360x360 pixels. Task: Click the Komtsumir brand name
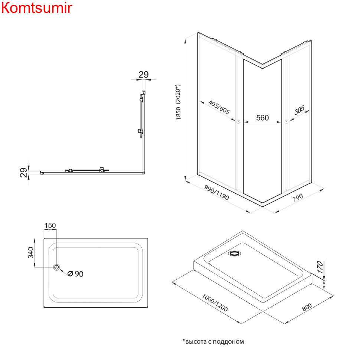[x=36, y=8]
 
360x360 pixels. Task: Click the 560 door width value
[x=262, y=118]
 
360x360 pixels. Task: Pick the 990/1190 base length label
[x=216, y=193]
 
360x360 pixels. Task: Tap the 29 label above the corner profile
[x=144, y=74]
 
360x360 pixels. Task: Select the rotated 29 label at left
[x=23, y=173]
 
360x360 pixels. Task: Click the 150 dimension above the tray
[x=50, y=225]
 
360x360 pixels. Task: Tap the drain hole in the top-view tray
[x=57, y=267]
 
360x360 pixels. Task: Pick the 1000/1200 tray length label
[x=215, y=303]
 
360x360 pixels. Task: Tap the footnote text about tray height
[x=213, y=341]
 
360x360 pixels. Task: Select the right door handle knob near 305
[x=286, y=122]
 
